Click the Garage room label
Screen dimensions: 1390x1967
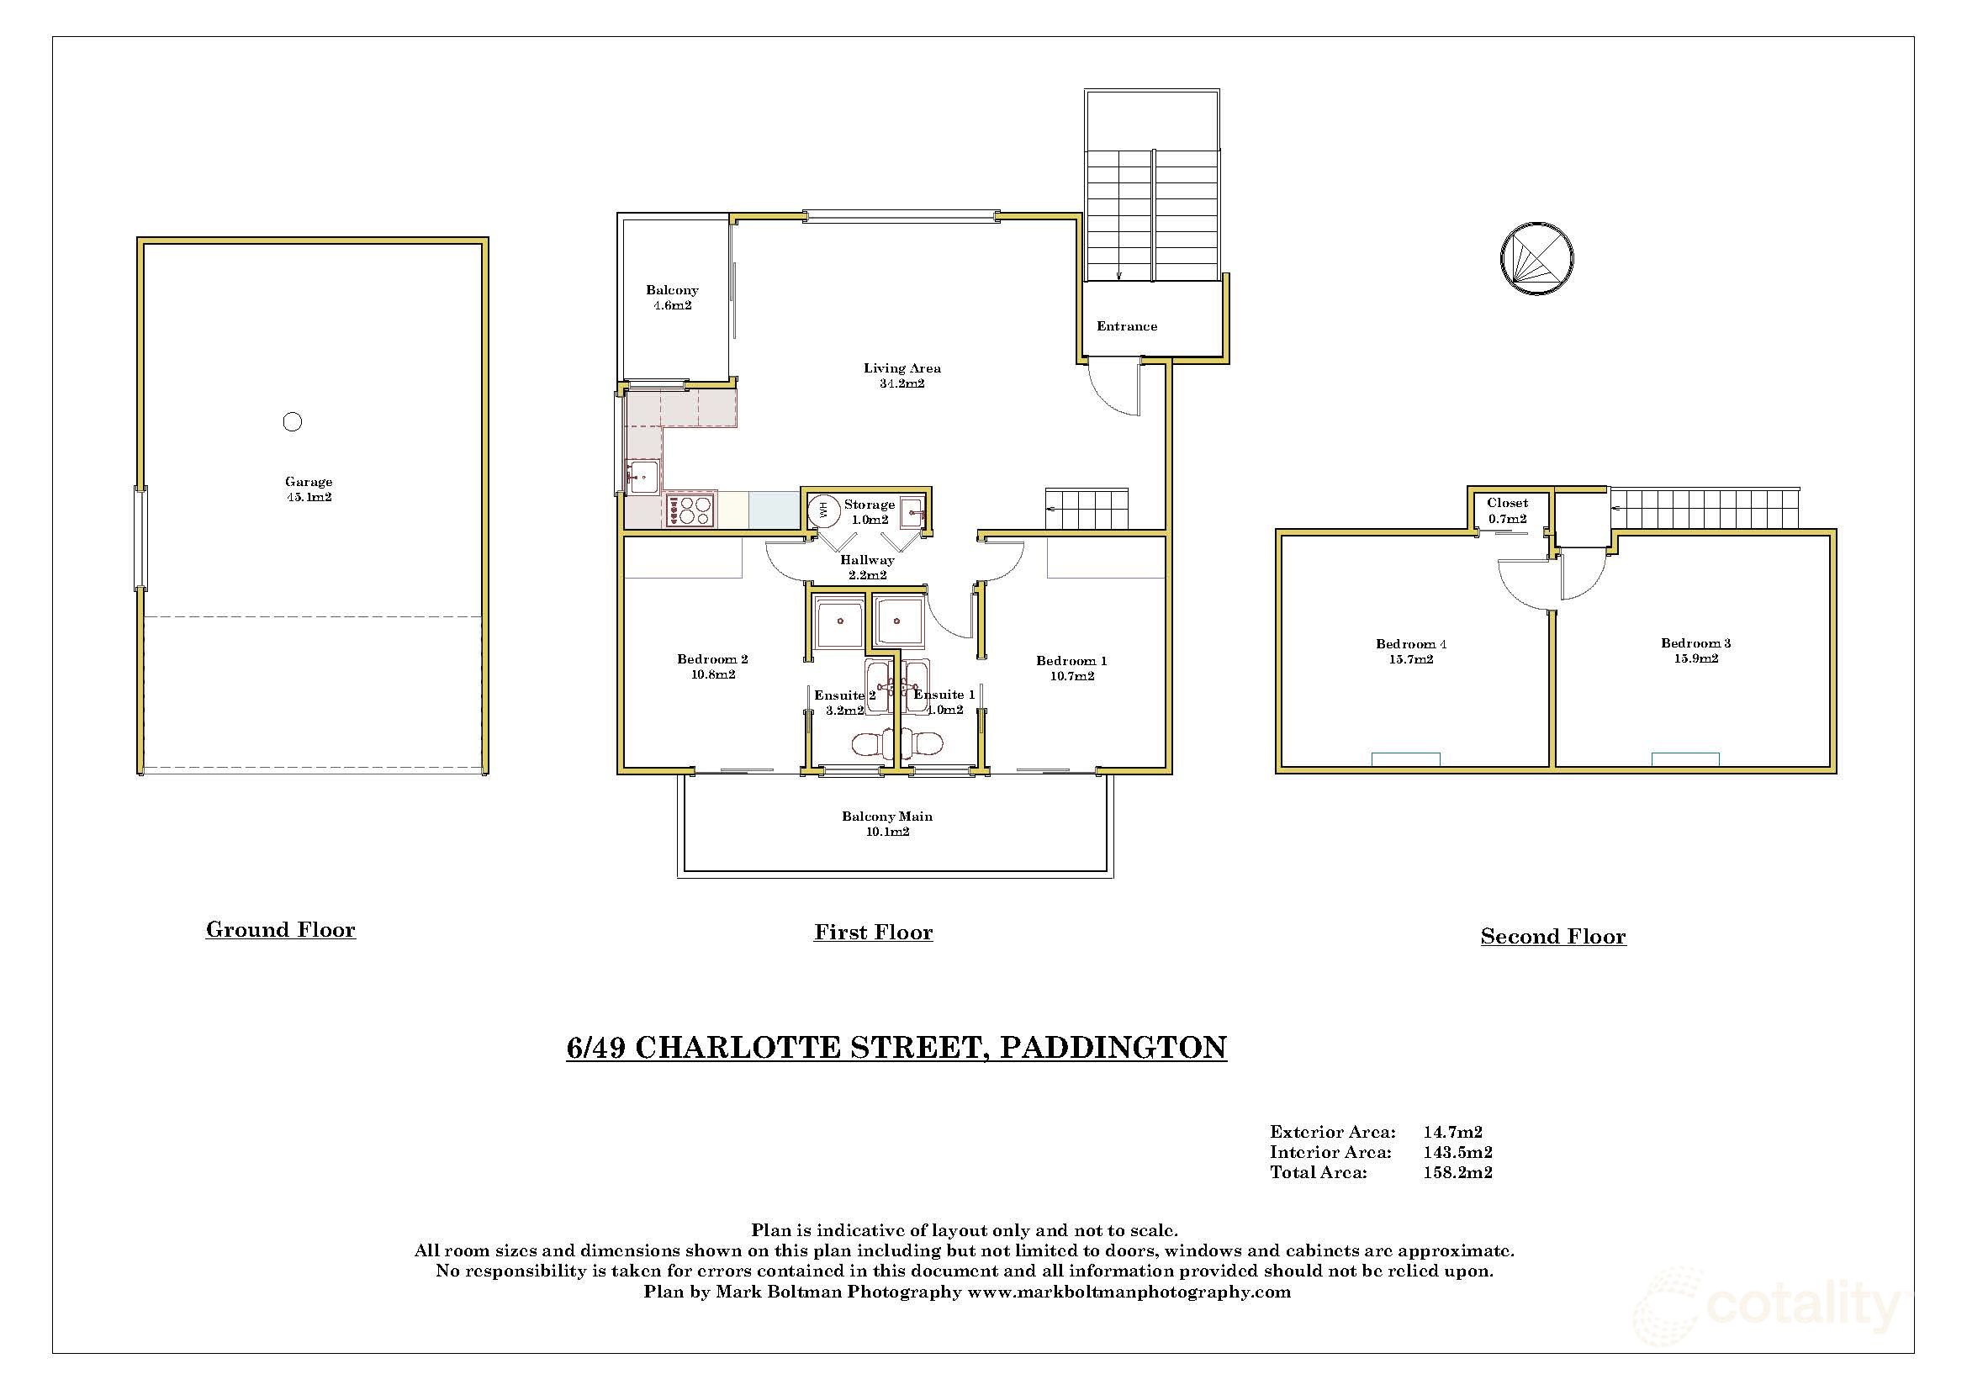(309, 489)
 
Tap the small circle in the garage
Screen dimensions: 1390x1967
(292, 421)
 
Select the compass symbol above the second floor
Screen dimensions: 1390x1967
(1537, 258)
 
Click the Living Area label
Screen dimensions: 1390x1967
(902, 376)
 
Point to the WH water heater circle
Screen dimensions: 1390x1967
(824, 511)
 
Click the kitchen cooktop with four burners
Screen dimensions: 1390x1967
(690, 511)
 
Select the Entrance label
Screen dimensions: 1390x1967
(1127, 326)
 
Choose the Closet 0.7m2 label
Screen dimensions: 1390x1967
(1507, 510)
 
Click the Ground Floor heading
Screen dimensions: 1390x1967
(280, 930)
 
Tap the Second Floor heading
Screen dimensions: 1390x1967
(1552, 937)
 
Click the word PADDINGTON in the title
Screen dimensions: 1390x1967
(1113, 1048)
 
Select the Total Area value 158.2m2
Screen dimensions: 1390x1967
(1457, 1173)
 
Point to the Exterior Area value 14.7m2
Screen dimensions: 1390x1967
(1453, 1132)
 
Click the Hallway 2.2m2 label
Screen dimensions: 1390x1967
(867, 567)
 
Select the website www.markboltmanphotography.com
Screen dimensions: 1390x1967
(1129, 1292)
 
